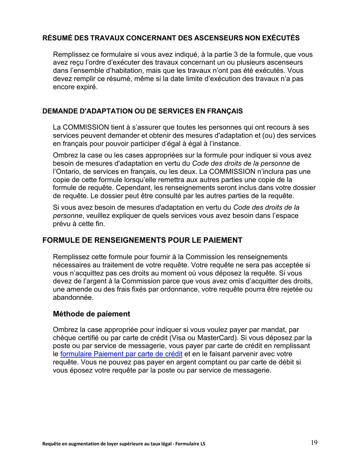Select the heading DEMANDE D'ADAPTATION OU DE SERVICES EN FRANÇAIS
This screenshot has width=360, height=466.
coord(142,112)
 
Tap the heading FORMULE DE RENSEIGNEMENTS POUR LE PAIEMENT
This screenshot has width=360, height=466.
coord(142,241)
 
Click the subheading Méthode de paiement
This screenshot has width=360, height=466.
coord(91,314)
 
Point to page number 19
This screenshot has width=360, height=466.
coord(314,443)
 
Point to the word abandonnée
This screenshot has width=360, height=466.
coord(73,297)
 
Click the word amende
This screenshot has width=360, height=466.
coord(78,289)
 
